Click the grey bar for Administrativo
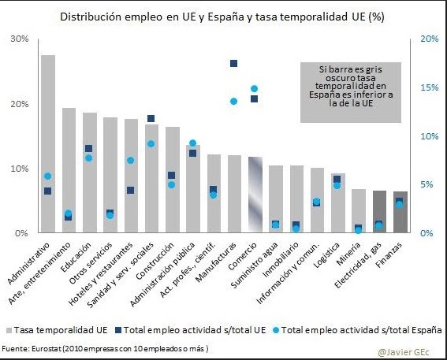pyautogui.click(x=48, y=144)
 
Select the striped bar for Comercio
pyautogui.click(x=255, y=195)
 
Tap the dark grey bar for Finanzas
pyautogui.click(x=400, y=212)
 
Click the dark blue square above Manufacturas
pyautogui.click(x=234, y=63)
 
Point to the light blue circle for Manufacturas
pyautogui.click(x=234, y=101)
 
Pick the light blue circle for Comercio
pyautogui.click(x=255, y=88)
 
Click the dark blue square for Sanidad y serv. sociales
pyautogui.click(x=151, y=118)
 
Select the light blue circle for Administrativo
pyautogui.click(x=48, y=176)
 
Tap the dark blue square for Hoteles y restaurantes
pyautogui.click(x=131, y=190)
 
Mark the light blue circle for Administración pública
pyautogui.click(x=192, y=143)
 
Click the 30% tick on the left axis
pyautogui.click(x=20, y=39)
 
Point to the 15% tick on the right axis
pyautogui.click(x=430, y=87)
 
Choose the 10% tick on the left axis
pyautogui.click(x=20, y=169)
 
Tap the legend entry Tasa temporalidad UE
pyautogui.click(x=57, y=330)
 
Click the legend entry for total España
pyautogui.click(x=358, y=330)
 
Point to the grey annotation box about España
pyautogui.click(x=351, y=93)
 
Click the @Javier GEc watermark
pyautogui.click(x=404, y=352)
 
